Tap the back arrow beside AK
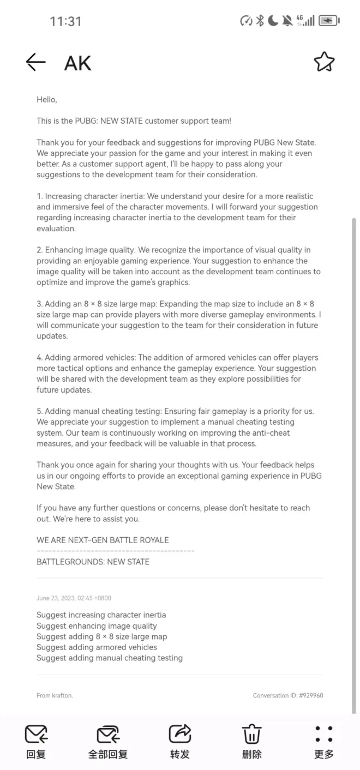coord(36,62)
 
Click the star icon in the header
coord(324,62)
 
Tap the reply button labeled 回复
coord(36,742)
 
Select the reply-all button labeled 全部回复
coord(108,742)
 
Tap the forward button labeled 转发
coord(179,742)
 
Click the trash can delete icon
coord(251,735)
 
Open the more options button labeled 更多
coord(323,742)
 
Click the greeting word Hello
coord(46,100)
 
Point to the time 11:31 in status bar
coord(65,21)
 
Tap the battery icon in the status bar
coord(328,21)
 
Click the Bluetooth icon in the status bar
coord(260,21)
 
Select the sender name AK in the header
coord(77,63)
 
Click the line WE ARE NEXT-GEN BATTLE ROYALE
coord(103,540)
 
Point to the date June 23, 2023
coord(74,598)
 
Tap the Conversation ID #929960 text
coord(288,695)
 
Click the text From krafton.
coord(55,695)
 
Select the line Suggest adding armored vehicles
coord(97,647)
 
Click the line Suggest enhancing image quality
coord(97,626)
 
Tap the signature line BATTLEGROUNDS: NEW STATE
coord(93,562)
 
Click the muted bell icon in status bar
coord(287,21)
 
